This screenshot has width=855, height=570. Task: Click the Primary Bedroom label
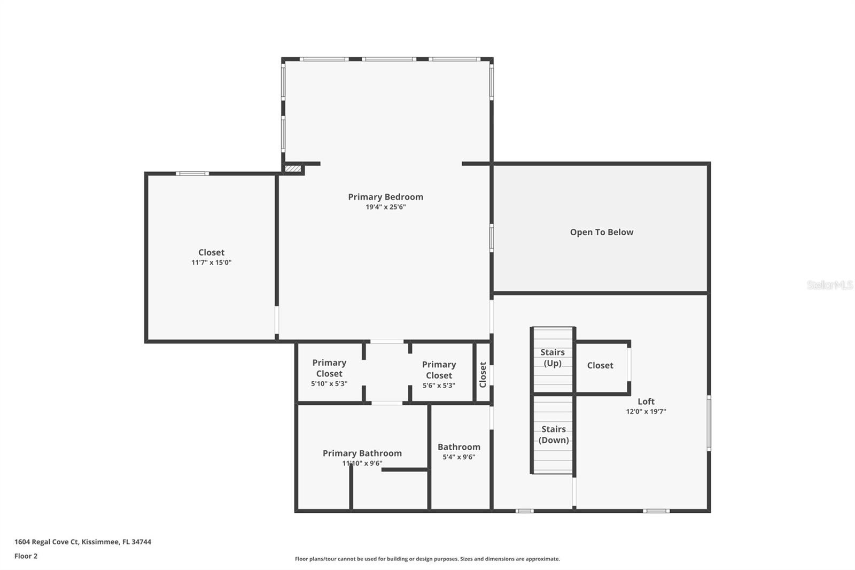[385, 197]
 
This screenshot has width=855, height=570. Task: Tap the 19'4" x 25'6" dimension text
[385, 207]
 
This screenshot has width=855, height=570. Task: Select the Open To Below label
[601, 232]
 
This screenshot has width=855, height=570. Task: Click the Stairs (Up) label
[552, 358]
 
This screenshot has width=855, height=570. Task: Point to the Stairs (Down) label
[553, 434]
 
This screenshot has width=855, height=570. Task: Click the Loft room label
[646, 401]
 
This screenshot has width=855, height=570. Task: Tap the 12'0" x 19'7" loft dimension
[646, 412]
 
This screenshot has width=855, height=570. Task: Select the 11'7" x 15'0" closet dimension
[211, 263]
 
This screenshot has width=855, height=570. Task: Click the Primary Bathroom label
[362, 453]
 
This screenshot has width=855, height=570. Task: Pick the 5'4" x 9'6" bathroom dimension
[458, 457]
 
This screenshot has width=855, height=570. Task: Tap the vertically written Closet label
[483, 374]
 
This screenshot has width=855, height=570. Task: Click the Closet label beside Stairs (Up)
[600, 365]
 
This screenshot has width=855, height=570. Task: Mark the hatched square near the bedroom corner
[292, 169]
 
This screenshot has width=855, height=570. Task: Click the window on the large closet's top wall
[192, 173]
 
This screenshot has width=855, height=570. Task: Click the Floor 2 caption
[26, 556]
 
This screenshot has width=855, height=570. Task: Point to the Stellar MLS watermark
[829, 285]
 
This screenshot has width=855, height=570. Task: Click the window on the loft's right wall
[709, 422]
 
